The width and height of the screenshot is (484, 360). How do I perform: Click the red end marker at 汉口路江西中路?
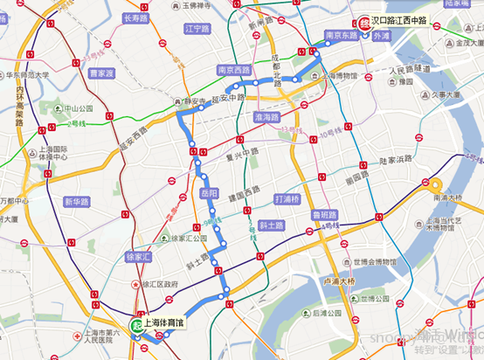pyautogui.click(x=364, y=23)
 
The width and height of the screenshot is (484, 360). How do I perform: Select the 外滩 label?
pyautogui.click(x=382, y=38)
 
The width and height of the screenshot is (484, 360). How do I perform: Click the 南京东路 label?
pyautogui.click(x=341, y=36)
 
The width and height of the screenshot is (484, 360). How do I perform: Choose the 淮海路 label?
pyautogui.click(x=265, y=116)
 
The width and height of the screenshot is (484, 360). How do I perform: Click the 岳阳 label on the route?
pyautogui.click(x=209, y=192)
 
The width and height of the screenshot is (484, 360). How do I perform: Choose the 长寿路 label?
pyautogui.click(x=137, y=17)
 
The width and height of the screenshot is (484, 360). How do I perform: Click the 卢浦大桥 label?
pyautogui.click(x=335, y=281)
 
